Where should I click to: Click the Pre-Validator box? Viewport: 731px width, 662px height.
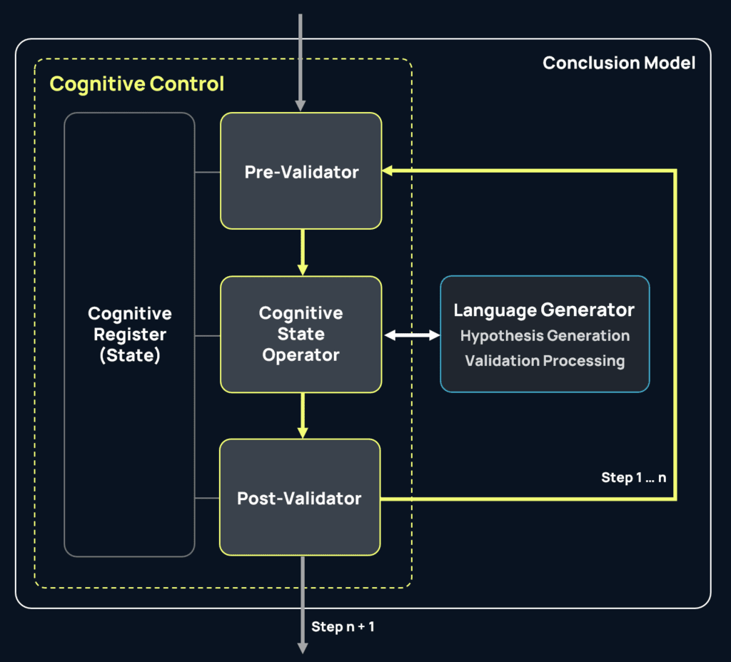pyautogui.click(x=301, y=171)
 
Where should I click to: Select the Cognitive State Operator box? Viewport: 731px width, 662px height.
pyautogui.click(x=301, y=334)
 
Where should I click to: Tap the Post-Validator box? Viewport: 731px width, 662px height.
pyautogui.click(x=299, y=498)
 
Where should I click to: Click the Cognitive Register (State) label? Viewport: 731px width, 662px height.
pyautogui.click(x=130, y=334)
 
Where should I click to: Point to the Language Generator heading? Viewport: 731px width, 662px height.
pyautogui.click(x=544, y=310)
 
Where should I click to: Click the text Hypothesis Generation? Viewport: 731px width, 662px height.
pyautogui.click(x=545, y=335)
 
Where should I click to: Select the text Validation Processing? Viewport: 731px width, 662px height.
pyautogui.click(x=545, y=361)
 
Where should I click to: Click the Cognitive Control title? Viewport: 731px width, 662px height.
pyautogui.click(x=136, y=84)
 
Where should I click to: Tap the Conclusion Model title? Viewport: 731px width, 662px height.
pyautogui.click(x=619, y=63)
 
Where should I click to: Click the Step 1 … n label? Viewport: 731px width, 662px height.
pyautogui.click(x=634, y=477)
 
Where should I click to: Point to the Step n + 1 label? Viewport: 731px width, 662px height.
pyautogui.click(x=343, y=627)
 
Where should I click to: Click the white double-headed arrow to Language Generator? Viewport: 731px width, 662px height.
pyautogui.click(x=411, y=335)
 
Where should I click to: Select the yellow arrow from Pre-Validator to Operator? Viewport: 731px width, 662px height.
pyautogui.click(x=303, y=252)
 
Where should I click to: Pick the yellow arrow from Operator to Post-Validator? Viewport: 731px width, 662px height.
pyautogui.click(x=303, y=415)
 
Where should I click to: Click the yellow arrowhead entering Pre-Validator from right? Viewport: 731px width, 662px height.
pyautogui.click(x=388, y=171)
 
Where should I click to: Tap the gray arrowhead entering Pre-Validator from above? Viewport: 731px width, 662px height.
pyautogui.click(x=301, y=106)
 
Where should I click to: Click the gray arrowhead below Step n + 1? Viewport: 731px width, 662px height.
pyautogui.click(x=302, y=647)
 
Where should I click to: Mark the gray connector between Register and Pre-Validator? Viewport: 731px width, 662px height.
pyautogui.click(x=207, y=172)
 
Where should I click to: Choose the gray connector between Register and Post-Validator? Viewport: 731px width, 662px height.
pyautogui.click(x=207, y=498)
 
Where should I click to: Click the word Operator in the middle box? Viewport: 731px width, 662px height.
pyautogui.click(x=301, y=355)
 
